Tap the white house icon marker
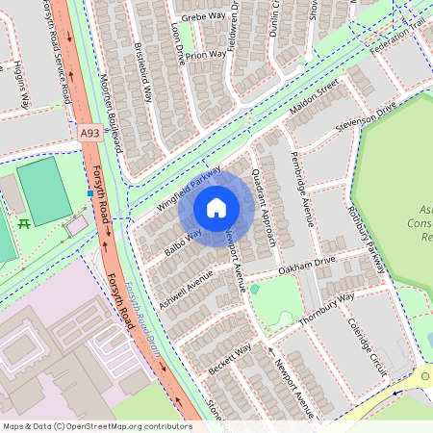coord(216,208)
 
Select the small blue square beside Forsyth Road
coord(89,193)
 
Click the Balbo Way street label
coord(182,242)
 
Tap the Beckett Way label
coord(230,358)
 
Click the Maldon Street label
coord(315,100)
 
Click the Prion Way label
coord(206,56)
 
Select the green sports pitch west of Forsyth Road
coord(43,192)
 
